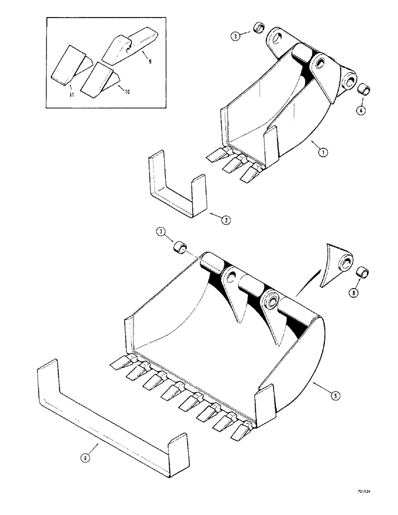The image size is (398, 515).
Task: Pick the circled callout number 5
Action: [x=335, y=396]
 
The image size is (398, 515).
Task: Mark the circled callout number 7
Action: [x=161, y=236]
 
